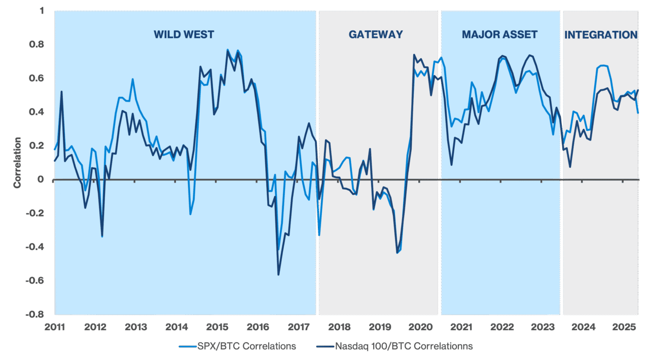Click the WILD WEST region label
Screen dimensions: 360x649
pyautogui.click(x=184, y=35)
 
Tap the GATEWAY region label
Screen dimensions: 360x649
pyautogui.click(x=376, y=35)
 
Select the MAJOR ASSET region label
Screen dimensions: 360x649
pyautogui.click(x=499, y=35)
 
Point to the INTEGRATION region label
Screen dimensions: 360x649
pyautogui.click(x=600, y=35)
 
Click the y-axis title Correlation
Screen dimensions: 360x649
pyautogui.click(x=18, y=163)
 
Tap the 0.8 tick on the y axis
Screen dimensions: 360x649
pyautogui.click(x=40, y=45)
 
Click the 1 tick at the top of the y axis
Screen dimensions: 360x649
pyautogui.click(x=43, y=11)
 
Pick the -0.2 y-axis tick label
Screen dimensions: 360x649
pyautogui.click(x=39, y=213)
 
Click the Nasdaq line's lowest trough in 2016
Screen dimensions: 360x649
pyautogui.click(x=278, y=275)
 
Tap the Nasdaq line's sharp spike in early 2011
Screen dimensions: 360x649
pyautogui.click(x=61, y=92)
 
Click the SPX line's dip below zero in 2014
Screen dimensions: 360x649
pyautogui.click(x=190, y=214)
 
